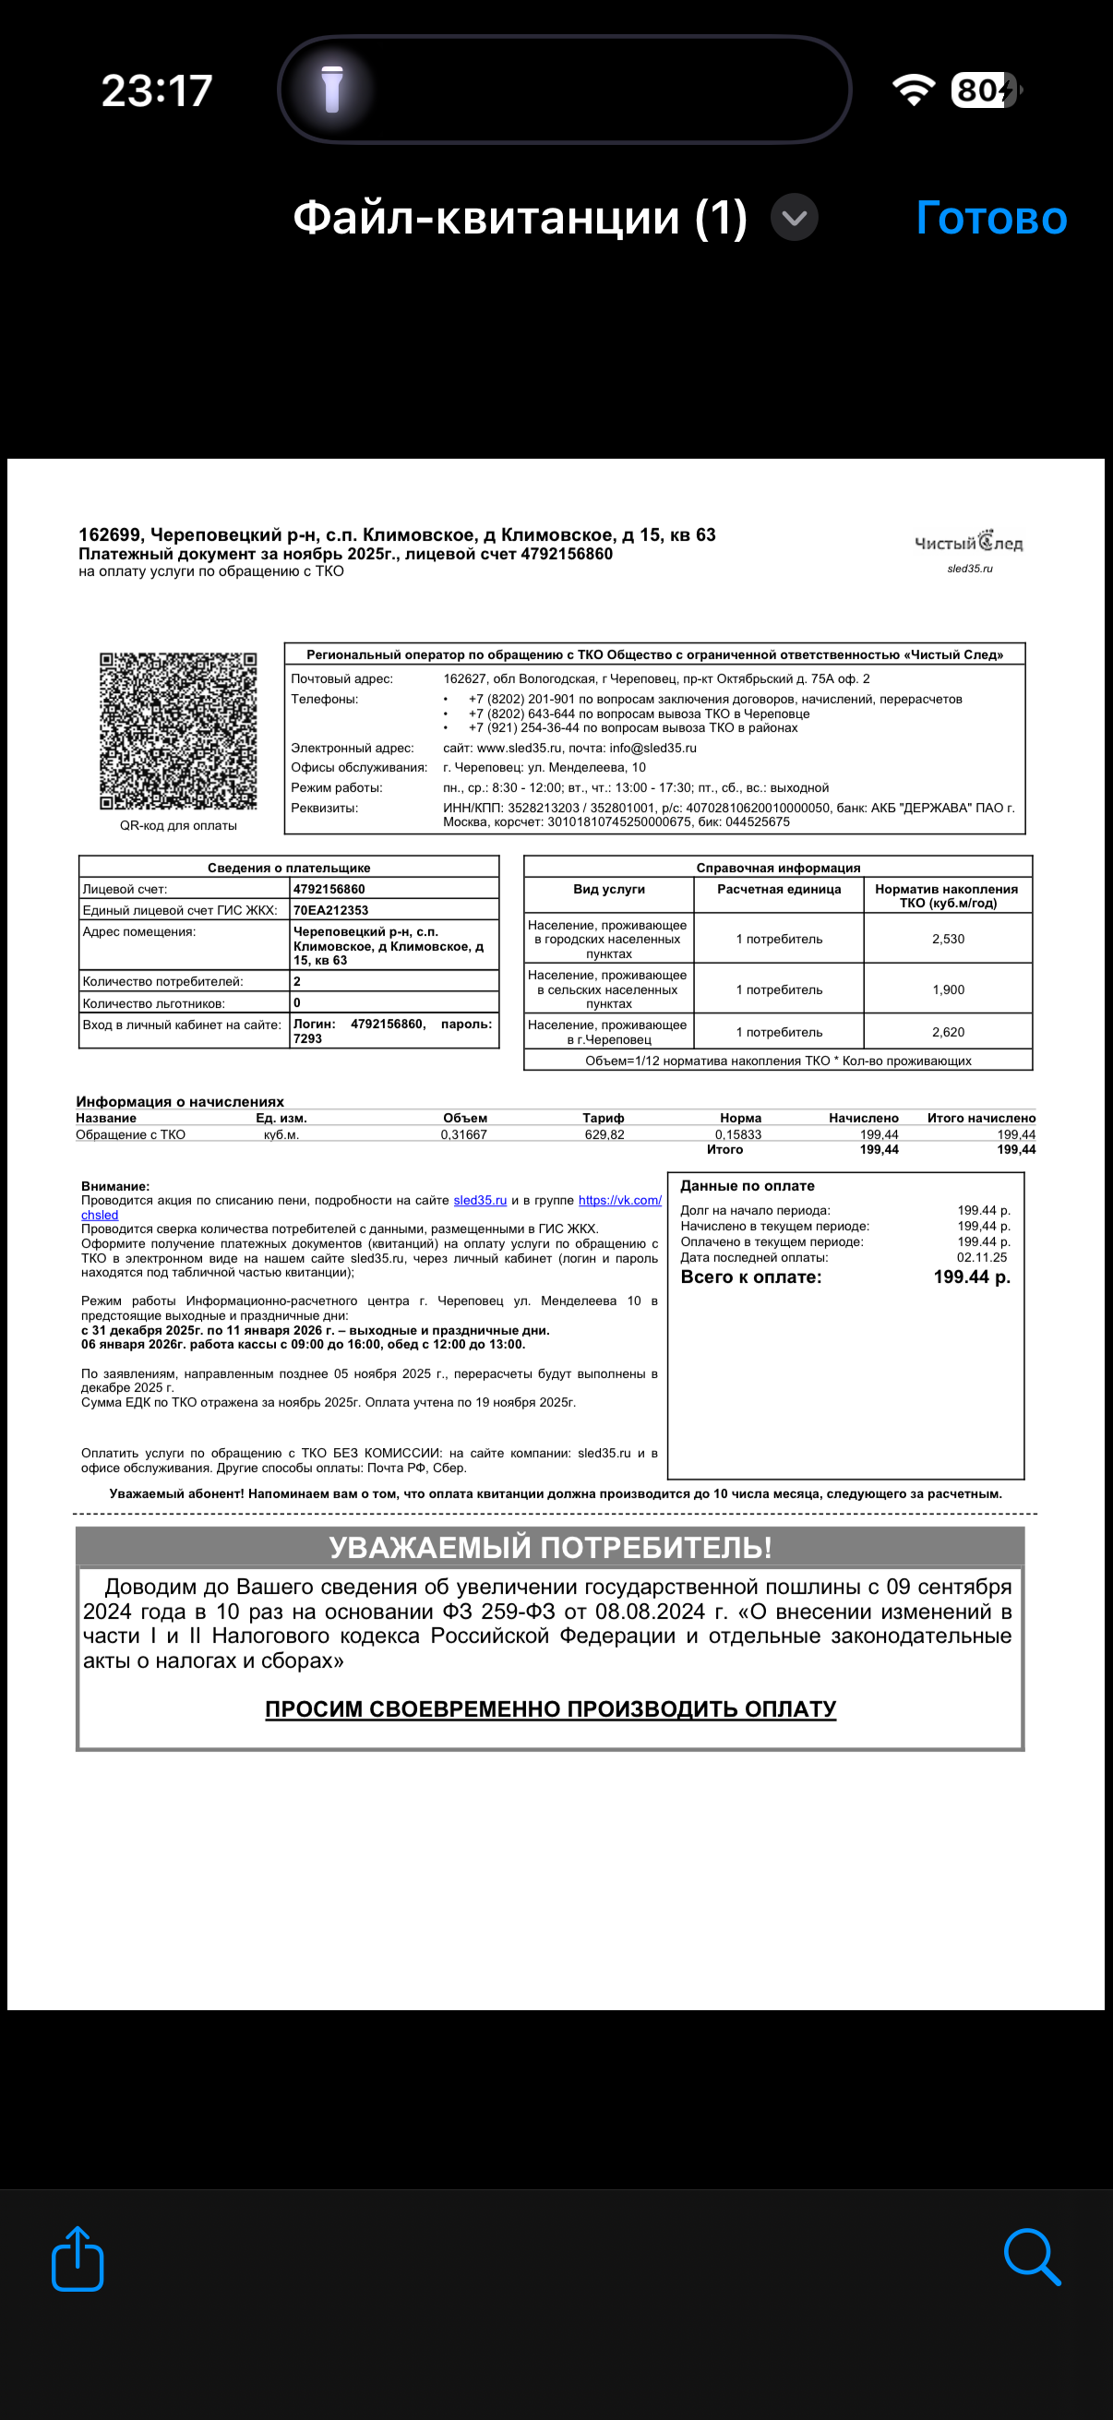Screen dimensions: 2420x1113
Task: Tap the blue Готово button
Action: pyautogui.click(x=991, y=218)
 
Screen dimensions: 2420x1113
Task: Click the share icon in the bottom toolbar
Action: pyautogui.click(x=77, y=2258)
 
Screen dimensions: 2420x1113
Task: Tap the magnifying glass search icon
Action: pyautogui.click(x=1032, y=2257)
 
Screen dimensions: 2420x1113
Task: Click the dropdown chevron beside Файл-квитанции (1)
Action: pyautogui.click(x=795, y=218)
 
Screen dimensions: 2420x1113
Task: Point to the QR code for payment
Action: pyautogui.click(x=178, y=731)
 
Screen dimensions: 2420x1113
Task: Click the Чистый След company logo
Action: pyautogui.click(x=968, y=543)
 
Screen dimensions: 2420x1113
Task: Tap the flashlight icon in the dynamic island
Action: pyautogui.click(x=331, y=90)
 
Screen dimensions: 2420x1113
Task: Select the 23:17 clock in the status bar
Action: pyautogui.click(x=157, y=91)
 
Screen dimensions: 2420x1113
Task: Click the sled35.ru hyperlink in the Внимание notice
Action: pyautogui.click(x=480, y=1201)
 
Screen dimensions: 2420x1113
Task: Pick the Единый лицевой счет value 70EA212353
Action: pyautogui.click(x=330, y=910)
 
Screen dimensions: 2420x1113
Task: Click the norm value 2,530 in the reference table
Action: pyautogui.click(x=948, y=939)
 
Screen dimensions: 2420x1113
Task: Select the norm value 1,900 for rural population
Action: pyautogui.click(x=948, y=989)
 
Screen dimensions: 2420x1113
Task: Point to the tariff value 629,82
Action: pyautogui.click(x=604, y=1135)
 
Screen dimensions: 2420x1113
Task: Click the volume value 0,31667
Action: pyautogui.click(x=464, y=1135)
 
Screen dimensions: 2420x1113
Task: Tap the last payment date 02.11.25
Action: pyautogui.click(x=982, y=1257)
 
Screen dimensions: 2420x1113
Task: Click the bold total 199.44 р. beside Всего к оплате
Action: pyautogui.click(x=971, y=1277)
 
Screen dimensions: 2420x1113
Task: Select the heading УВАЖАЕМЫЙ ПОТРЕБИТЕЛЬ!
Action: pyautogui.click(x=550, y=1547)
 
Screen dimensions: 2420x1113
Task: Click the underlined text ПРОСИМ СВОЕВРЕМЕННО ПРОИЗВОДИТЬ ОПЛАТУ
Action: pyautogui.click(x=550, y=1708)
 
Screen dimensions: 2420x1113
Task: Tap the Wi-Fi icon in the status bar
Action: pyautogui.click(x=913, y=90)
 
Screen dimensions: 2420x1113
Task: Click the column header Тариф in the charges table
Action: pyautogui.click(x=603, y=1118)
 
